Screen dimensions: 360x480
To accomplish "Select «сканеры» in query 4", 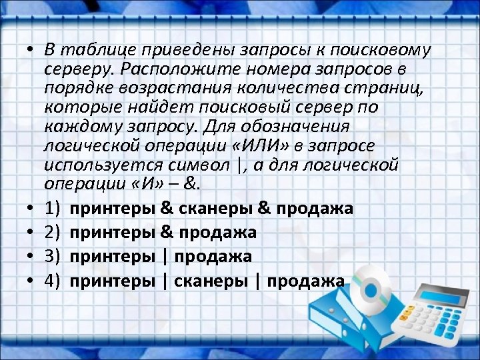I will pos(212,281).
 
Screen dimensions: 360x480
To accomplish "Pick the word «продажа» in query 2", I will pos(217,233).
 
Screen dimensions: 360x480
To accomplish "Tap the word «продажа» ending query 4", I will pos(305,281).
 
